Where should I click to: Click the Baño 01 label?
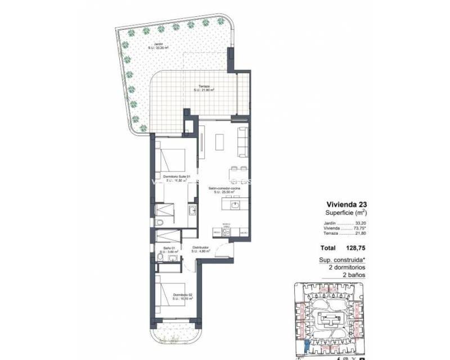click(166, 247)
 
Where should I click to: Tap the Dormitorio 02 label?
click(183, 296)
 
